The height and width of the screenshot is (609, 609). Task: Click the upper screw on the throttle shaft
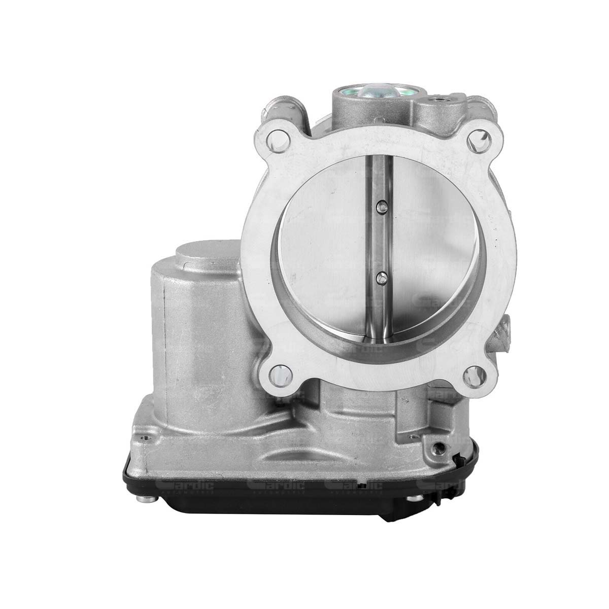click(381, 206)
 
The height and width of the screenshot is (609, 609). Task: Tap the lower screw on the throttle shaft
click(381, 277)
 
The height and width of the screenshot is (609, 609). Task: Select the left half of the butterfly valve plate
click(325, 244)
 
